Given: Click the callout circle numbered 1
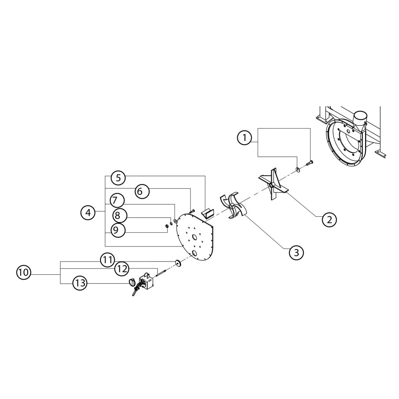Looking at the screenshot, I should [244, 138].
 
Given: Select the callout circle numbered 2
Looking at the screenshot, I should [329, 219].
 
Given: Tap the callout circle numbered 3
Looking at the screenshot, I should [296, 252].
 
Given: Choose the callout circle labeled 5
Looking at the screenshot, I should [118, 178].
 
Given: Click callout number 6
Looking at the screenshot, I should [142, 191].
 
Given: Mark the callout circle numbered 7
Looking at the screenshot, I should [116, 201].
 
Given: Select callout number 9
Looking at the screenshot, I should [116, 230].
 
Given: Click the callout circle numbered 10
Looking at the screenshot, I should [23, 272].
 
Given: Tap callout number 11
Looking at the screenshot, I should [108, 260].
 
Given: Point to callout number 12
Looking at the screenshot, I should [122, 268].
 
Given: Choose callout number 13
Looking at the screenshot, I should [79, 284].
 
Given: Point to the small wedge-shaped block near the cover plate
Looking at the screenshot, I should [207, 213].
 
